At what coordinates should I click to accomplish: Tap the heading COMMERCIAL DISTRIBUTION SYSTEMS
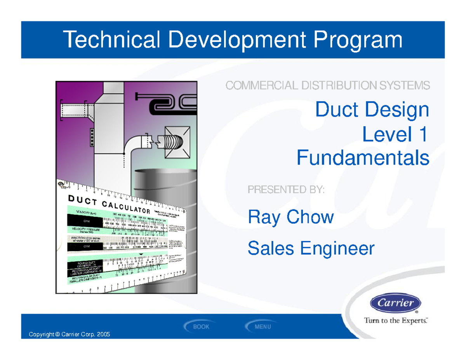pyautogui.click(x=327, y=85)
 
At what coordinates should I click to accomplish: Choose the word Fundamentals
pyautogui.click(x=363, y=158)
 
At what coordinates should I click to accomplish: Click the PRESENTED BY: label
pyautogui.click(x=286, y=190)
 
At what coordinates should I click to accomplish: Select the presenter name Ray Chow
pyautogui.click(x=290, y=217)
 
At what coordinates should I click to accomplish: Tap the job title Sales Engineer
pyautogui.click(x=311, y=248)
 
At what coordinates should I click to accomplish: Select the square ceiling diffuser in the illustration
pyautogui.click(x=177, y=142)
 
